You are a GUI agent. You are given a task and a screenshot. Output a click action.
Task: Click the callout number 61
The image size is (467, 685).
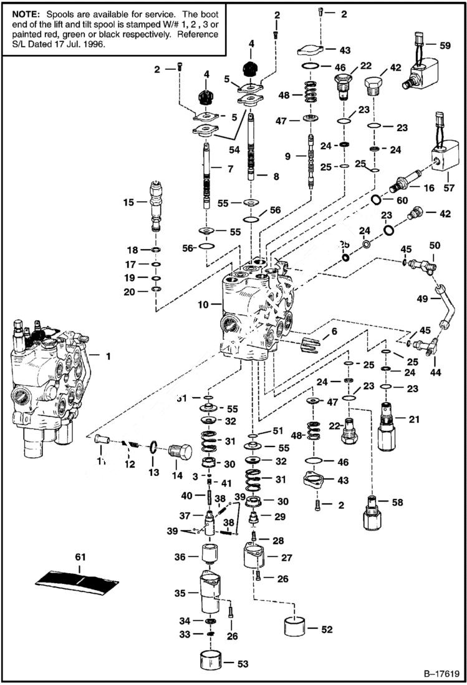point(80,556)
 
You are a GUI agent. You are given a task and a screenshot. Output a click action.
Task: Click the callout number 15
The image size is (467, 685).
point(128,202)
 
